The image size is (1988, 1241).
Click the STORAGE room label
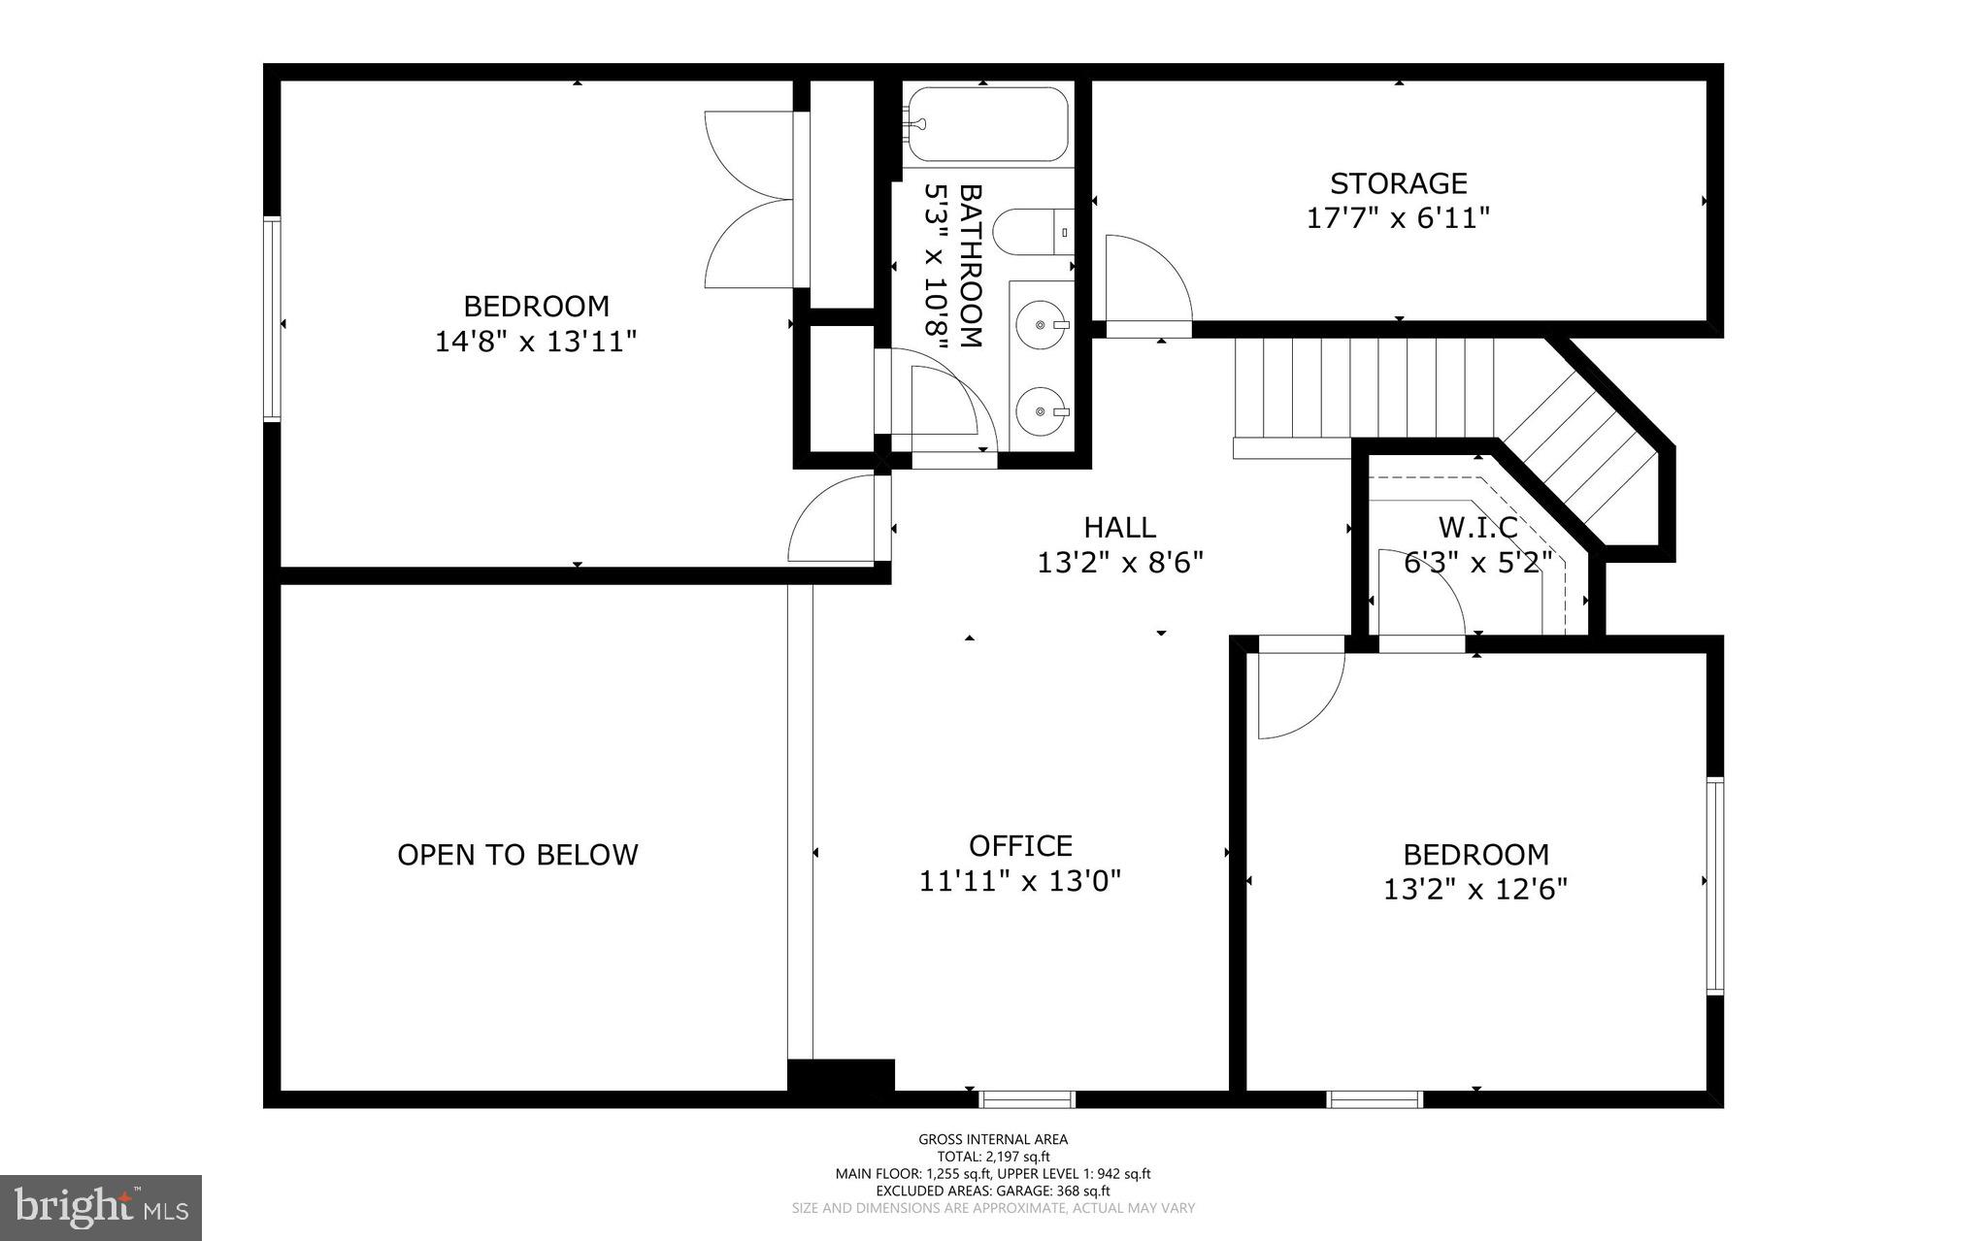point(1398,183)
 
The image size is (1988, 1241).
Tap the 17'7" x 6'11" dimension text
point(1398,218)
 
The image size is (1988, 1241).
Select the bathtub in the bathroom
point(986,124)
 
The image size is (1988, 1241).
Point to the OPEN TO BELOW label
point(517,855)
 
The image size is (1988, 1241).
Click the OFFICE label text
point(1020,846)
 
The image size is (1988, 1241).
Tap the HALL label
point(1119,528)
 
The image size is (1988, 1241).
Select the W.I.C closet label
point(1477,528)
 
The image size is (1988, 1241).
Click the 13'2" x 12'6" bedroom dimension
point(1475,890)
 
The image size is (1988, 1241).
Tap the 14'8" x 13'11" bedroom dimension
point(536,342)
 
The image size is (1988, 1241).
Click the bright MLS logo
point(101,1207)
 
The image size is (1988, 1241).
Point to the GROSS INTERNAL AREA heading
point(993,1140)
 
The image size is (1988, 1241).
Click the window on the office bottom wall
point(1027,1099)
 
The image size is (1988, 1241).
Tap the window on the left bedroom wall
point(273,319)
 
